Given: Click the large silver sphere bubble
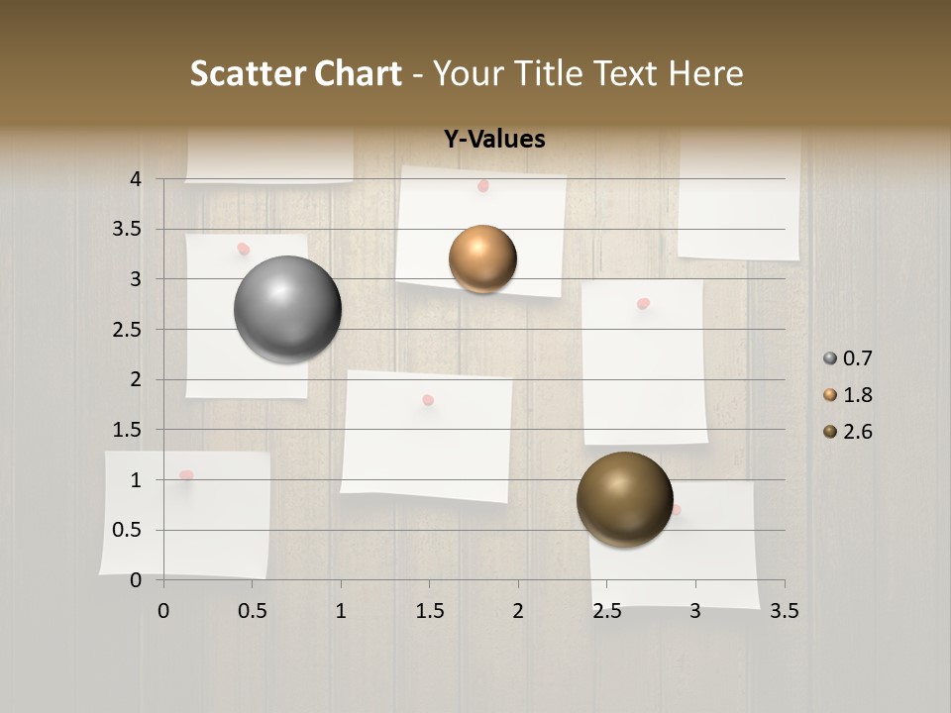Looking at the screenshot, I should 288,309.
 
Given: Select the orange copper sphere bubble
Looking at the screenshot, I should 482,259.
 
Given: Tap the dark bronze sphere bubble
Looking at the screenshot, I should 624,499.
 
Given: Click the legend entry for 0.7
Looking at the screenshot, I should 848,358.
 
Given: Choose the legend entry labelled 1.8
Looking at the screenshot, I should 848,395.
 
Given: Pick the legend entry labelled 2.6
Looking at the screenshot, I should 848,432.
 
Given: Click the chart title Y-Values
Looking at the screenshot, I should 494,140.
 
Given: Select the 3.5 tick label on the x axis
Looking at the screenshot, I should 784,611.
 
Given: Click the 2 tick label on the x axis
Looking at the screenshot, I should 518,611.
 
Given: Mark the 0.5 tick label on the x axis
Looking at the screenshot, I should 252,611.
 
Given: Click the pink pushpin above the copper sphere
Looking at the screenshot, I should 483,186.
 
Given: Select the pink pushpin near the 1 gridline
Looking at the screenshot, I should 185,476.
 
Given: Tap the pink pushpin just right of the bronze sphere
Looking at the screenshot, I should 676,510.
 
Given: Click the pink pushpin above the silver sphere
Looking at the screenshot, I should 244,250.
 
